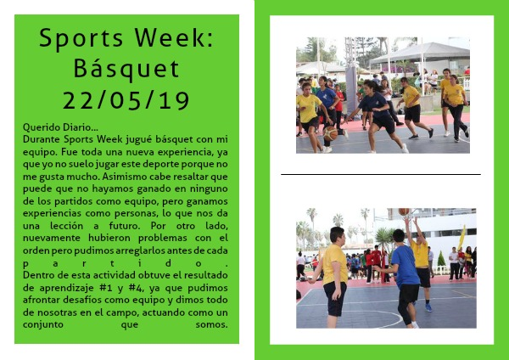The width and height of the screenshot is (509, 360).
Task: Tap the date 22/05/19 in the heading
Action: click(126, 100)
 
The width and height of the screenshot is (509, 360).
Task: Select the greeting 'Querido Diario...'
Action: click(60, 127)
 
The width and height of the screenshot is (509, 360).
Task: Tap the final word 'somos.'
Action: click(211, 324)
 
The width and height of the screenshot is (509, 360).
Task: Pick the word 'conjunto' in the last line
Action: click(43, 325)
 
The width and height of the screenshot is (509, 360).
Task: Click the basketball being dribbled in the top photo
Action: click(331, 133)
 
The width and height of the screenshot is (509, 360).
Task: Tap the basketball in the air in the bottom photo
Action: click(404, 211)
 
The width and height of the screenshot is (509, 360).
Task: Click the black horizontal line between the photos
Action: click(381, 174)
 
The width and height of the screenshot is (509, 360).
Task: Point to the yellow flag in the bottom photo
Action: click(461, 238)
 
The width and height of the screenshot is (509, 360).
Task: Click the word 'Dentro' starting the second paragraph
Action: click(36, 275)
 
